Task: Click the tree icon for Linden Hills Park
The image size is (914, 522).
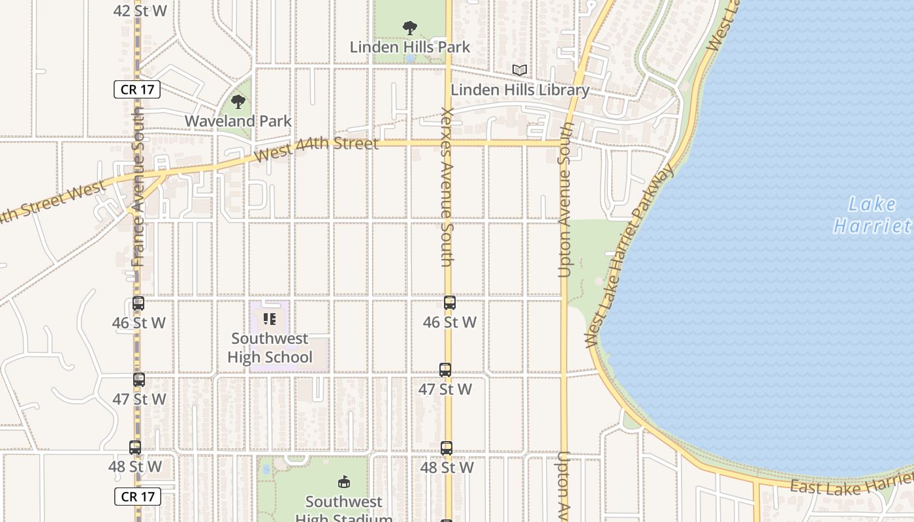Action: pos(410,28)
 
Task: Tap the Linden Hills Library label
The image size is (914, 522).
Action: pos(520,90)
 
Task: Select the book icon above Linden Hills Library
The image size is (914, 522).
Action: pos(520,70)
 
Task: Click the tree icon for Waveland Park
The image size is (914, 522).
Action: pos(238,102)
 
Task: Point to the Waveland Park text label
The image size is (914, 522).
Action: pos(238,121)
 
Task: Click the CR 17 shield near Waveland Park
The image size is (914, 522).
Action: pos(137,89)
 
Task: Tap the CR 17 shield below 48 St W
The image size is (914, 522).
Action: pos(137,497)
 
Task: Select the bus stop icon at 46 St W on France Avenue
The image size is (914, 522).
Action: pos(138,303)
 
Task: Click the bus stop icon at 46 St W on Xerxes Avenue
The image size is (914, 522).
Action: pos(450,303)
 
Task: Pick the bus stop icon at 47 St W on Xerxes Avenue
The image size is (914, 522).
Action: pos(445,370)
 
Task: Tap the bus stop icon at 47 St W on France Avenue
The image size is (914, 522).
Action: pos(139,380)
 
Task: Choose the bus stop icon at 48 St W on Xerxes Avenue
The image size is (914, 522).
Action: pos(447,448)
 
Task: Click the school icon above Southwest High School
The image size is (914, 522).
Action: pos(270,319)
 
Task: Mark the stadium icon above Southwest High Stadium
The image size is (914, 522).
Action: pos(343,482)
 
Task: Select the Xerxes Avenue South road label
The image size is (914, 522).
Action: pos(447,187)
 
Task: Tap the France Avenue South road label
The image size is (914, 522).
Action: pos(138,187)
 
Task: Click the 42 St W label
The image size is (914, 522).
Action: pos(140,10)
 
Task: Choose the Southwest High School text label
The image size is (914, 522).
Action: pos(270,348)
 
